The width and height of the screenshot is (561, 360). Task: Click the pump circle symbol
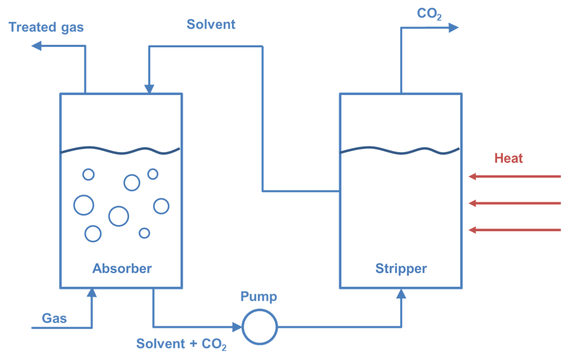tap(260, 327)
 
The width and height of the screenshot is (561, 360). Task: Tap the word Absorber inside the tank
tap(122, 268)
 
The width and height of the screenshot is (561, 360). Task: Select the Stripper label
tap(401, 268)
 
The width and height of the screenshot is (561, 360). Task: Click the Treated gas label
tap(46, 27)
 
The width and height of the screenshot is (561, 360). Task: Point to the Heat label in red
tap(508, 158)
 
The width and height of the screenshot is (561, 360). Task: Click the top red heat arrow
tap(515, 177)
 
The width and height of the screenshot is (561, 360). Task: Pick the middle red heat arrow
tap(515, 203)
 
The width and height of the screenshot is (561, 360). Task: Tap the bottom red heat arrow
tap(515, 230)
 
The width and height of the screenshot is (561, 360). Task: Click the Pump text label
tap(259, 296)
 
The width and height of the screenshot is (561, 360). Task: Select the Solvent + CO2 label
tap(181, 345)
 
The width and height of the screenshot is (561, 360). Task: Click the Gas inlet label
tap(55, 318)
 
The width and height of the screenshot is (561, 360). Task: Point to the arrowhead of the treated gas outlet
tap(36, 46)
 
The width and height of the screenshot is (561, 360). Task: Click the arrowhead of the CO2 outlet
tap(453, 28)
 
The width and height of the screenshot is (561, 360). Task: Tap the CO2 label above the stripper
tap(429, 14)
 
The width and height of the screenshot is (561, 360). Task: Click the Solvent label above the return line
tap(211, 24)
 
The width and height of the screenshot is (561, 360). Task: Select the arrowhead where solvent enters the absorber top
tap(149, 89)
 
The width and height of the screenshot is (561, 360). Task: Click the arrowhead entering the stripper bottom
tap(401, 293)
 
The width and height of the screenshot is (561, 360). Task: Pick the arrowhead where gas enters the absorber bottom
tap(91, 292)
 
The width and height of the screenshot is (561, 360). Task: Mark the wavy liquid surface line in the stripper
tap(400, 152)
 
